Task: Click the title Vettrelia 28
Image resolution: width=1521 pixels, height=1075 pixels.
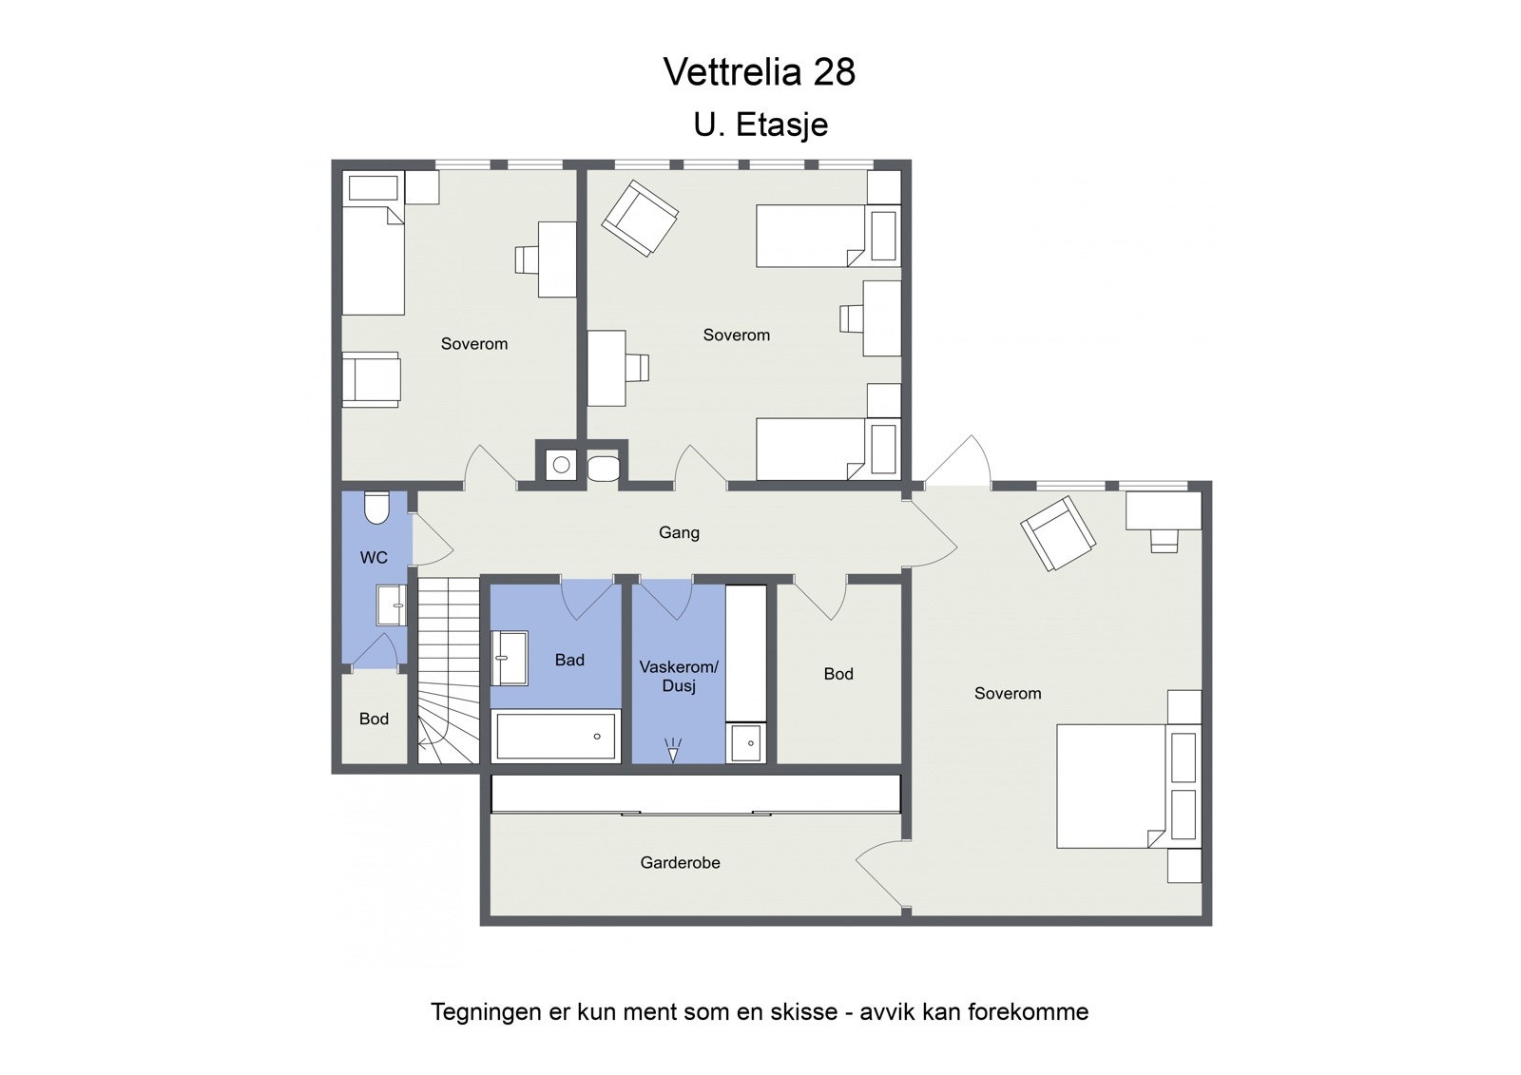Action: (759, 72)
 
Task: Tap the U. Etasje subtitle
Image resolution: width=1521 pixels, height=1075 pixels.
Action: (760, 125)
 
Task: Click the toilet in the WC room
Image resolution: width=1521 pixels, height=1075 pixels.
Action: (376, 508)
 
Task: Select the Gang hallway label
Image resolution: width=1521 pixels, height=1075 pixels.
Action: (679, 532)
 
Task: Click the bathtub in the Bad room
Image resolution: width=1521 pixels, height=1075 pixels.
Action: (556, 737)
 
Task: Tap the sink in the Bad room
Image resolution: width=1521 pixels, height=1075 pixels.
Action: (510, 658)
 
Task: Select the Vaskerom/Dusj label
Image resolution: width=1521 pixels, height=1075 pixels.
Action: (679, 676)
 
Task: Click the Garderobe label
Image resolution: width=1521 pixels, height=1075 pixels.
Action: (680, 863)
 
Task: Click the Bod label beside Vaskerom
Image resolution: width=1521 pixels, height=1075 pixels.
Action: (838, 674)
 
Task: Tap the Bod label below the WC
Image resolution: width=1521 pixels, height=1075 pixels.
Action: (374, 719)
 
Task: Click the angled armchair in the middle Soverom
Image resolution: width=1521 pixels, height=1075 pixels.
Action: (639, 219)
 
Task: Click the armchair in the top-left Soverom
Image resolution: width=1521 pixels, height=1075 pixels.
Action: (371, 379)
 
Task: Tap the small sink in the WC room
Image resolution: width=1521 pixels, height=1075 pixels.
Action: (392, 605)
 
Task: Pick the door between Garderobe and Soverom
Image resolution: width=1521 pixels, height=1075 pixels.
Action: (879, 875)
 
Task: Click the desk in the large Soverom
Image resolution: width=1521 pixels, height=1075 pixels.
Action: (1163, 510)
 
